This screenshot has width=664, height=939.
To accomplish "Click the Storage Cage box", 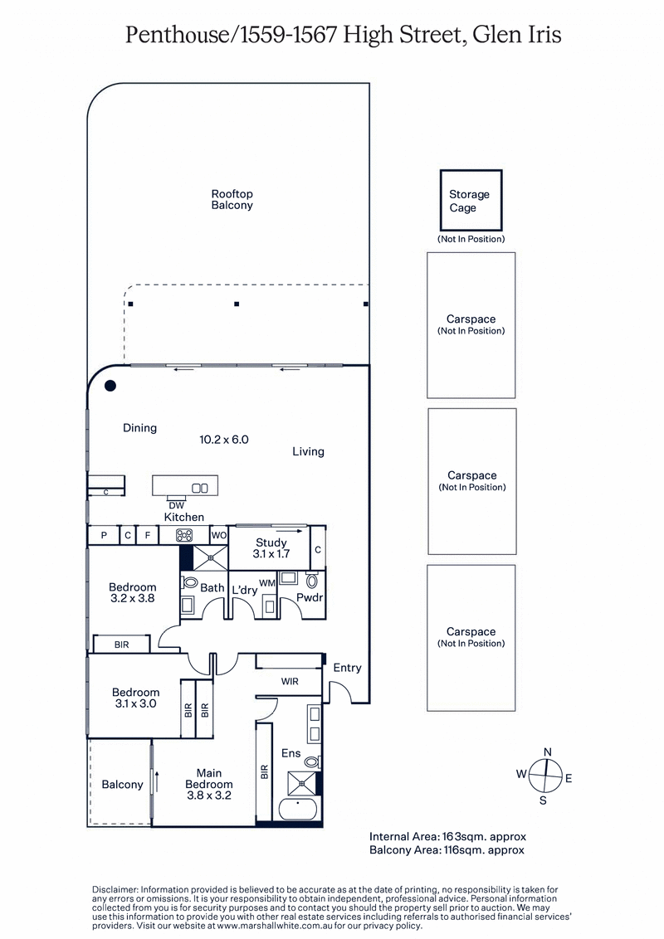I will (470, 200).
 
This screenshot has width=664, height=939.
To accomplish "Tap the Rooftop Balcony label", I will (232, 199).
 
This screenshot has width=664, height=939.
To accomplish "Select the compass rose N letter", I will (547, 752).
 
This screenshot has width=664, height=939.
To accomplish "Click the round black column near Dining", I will (110, 386).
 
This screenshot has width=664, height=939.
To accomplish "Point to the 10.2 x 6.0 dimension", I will (224, 440).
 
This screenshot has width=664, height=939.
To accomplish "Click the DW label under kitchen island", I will (176, 505).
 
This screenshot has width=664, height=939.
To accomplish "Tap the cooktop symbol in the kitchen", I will (184, 536).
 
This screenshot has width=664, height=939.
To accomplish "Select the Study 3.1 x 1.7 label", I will (271, 549).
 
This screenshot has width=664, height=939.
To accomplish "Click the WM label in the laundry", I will (266, 583).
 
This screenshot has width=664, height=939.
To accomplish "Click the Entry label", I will (347, 668).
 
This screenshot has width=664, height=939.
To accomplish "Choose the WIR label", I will (290, 681).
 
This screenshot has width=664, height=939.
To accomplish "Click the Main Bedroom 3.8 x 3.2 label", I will (208, 784).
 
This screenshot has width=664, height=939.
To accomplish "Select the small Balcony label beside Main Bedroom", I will (122, 784).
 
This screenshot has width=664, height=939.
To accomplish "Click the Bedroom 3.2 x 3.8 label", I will (133, 592).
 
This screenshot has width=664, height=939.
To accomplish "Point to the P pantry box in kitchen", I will (104, 536).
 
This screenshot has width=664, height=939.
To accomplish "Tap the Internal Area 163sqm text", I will (447, 836).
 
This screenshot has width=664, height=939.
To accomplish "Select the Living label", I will (308, 452).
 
